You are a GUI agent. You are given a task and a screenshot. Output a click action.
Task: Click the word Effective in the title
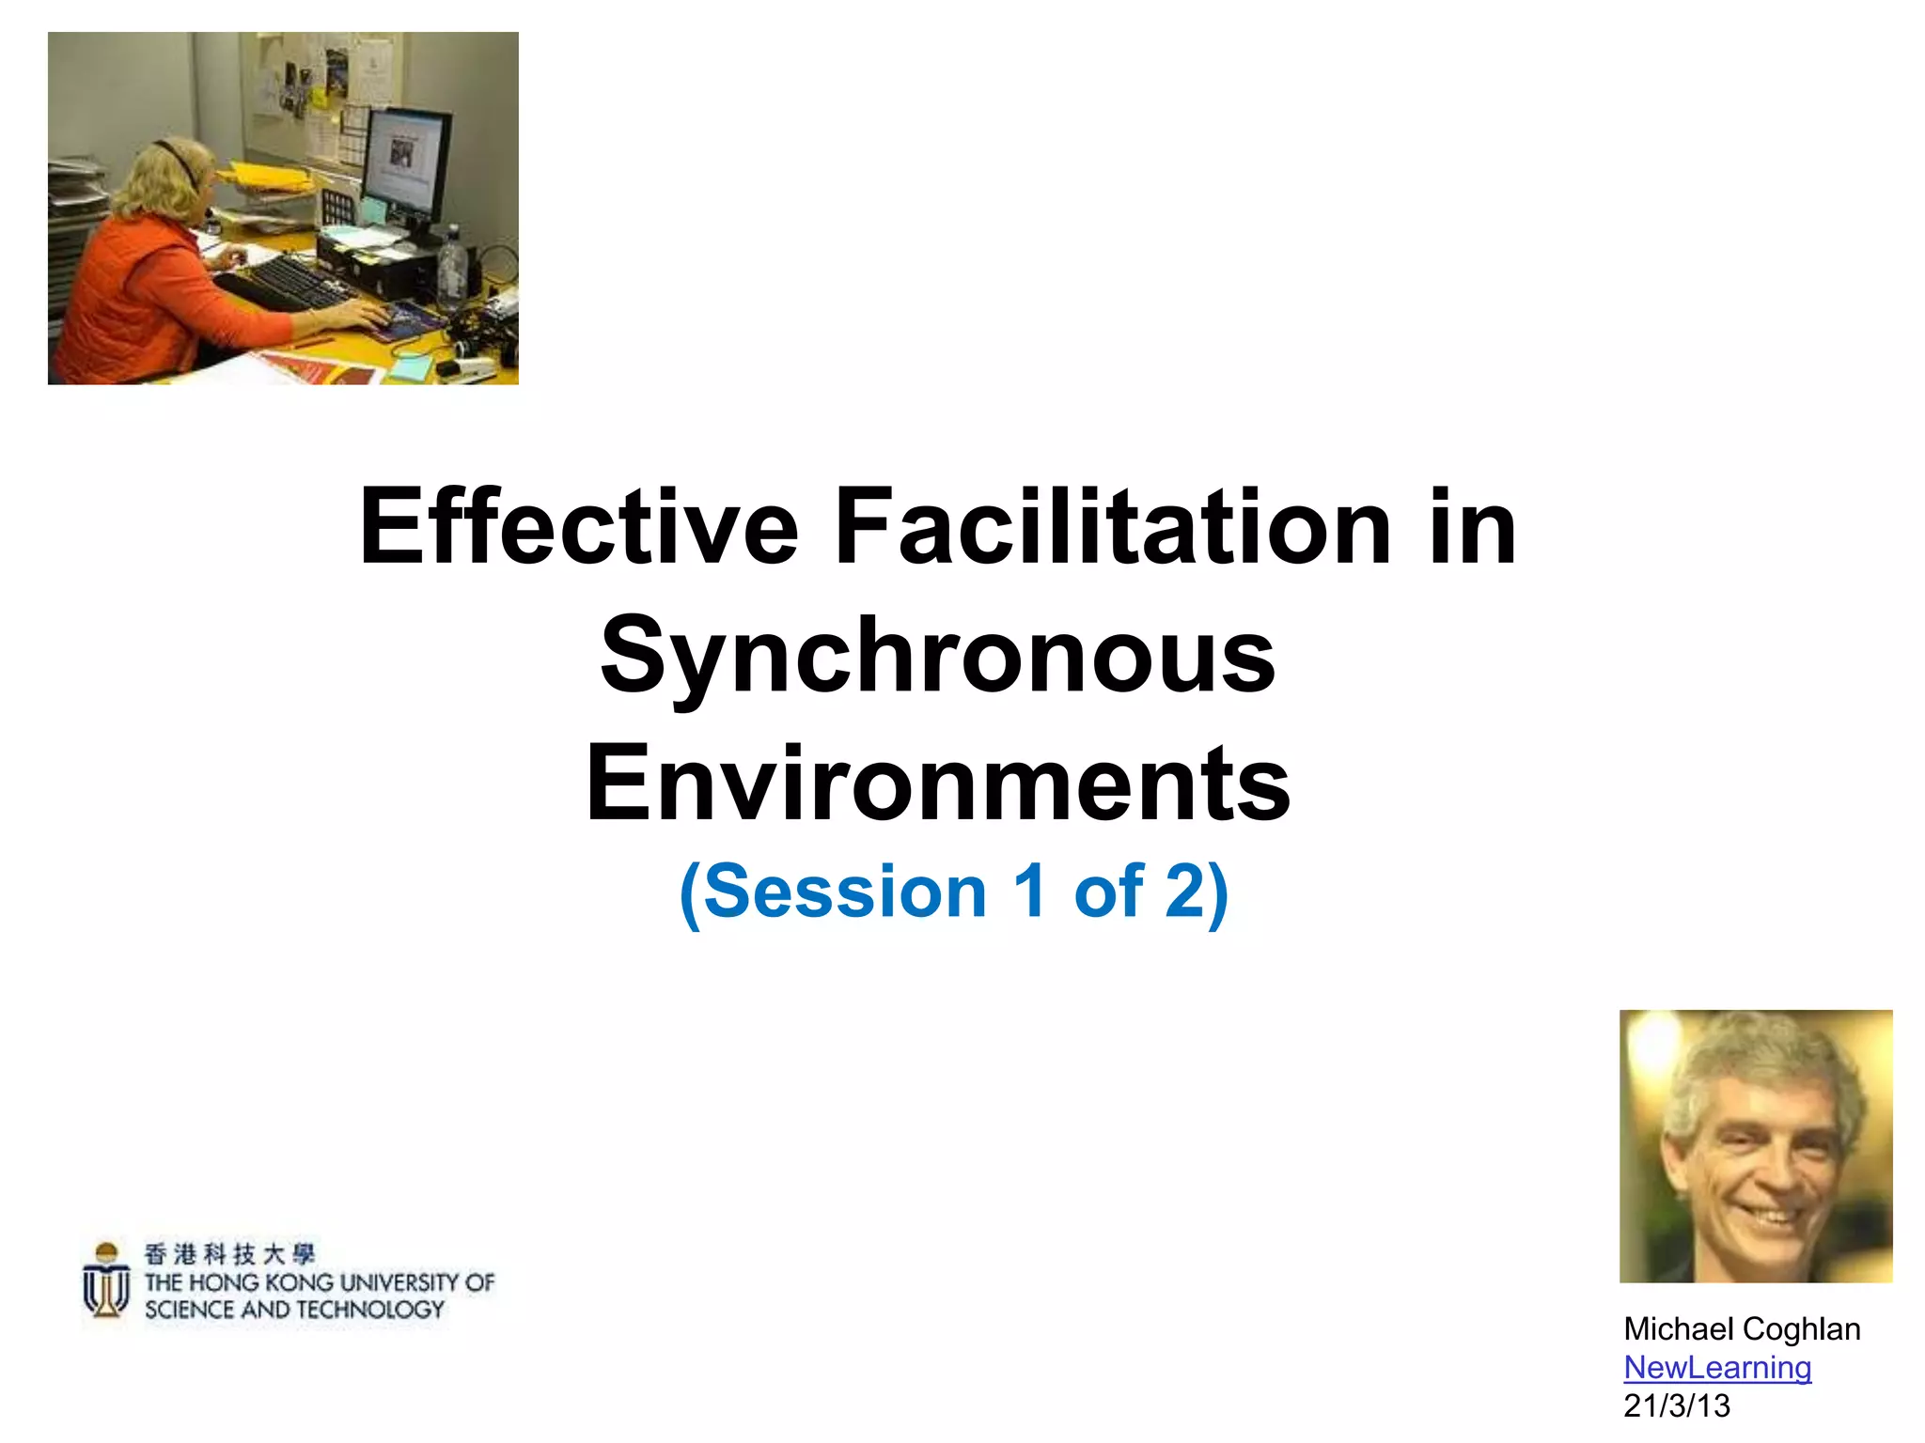[x=579, y=528]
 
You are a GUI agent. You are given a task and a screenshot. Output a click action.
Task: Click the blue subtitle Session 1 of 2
[x=953, y=892]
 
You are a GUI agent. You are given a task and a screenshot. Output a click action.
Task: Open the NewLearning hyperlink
[x=1717, y=1368]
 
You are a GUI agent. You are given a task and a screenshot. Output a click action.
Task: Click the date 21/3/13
[x=1676, y=1406]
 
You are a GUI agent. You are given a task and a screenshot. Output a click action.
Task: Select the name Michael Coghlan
[x=1742, y=1329]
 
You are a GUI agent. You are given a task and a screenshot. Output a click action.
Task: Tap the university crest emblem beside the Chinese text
[x=106, y=1280]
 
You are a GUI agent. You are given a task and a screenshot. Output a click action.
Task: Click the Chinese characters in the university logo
[x=230, y=1254]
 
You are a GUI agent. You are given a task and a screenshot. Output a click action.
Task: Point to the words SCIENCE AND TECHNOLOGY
[x=294, y=1310]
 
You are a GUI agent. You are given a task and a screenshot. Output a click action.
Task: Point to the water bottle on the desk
[x=452, y=268]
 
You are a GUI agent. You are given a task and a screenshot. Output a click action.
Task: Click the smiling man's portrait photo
[x=1756, y=1146]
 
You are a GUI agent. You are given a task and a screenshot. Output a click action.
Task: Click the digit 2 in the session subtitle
[x=1184, y=892]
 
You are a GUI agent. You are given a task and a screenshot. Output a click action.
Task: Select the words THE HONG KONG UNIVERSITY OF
[x=320, y=1282]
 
